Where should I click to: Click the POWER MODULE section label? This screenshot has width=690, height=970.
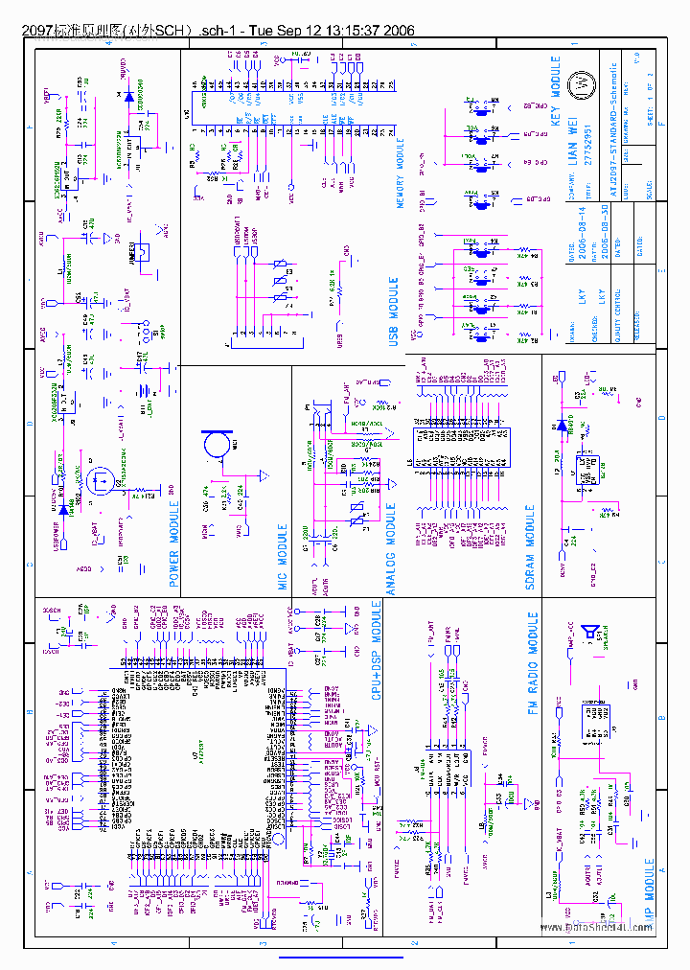pos(174,539)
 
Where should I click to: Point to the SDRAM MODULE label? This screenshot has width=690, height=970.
pos(530,547)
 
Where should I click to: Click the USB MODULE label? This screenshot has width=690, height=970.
pos(393,312)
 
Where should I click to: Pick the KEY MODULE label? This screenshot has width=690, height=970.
pos(555,92)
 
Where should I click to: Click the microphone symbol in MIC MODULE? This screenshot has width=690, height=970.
pos(215,444)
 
